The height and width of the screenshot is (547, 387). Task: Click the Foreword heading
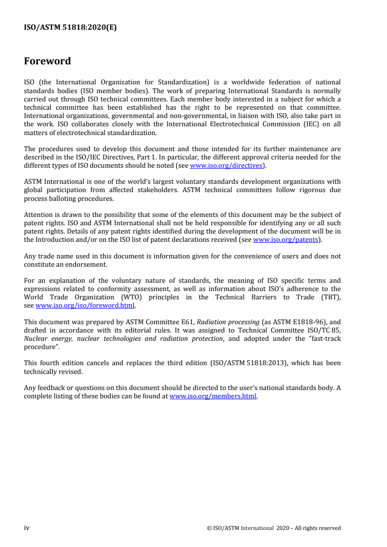[47, 61]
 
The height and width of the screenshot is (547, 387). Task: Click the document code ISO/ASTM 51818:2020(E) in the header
[70, 28]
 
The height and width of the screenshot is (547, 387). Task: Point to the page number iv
[27, 527]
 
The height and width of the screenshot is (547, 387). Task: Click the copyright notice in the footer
[274, 527]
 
